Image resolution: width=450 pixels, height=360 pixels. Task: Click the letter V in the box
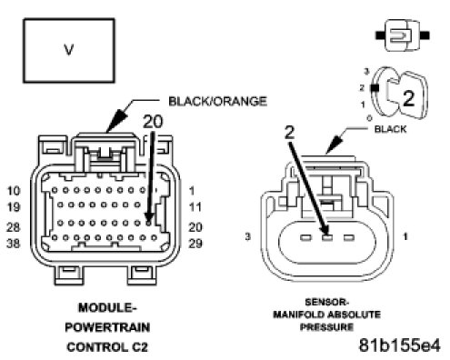pyautogui.click(x=69, y=50)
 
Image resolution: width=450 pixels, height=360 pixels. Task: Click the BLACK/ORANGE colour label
pyautogui.click(x=217, y=101)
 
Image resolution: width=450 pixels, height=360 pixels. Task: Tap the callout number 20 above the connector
pyautogui.click(x=153, y=122)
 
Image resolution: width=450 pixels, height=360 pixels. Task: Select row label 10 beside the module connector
pyautogui.click(x=14, y=191)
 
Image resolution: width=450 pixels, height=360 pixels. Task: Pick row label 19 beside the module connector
pyautogui.click(x=14, y=207)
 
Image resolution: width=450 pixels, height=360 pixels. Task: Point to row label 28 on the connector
pyautogui.click(x=14, y=227)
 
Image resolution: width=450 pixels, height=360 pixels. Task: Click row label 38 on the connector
pyautogui.click(x=14, y=244)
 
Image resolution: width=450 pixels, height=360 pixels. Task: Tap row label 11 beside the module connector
pyautogui.click(x=195, y=207)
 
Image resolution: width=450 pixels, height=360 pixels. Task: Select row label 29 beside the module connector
pyautogui.click(x=195, y=244)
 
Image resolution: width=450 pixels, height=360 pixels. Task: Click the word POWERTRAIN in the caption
pyautogui.click(x=107, y=327)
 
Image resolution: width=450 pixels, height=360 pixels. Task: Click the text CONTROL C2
pyautogui.click(x=107, y=347)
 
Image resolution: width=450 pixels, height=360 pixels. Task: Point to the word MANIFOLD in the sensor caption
pyautogui.click(x=300, y=315)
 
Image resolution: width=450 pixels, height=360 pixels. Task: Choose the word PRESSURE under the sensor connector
pyautogui.click(x=327, y=327)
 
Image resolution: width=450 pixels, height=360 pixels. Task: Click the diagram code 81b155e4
pyautogui.click(x=400, y=345)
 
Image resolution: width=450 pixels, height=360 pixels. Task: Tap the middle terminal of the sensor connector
pyautogui.click(x=327, y=237)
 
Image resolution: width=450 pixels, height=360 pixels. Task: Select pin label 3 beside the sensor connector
pyautogui.click(x=248, y=236)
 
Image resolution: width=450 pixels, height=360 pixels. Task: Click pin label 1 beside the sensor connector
pyautogui.click(x=405, y=236)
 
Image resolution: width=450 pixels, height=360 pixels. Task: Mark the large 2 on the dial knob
pyautogui.click(x=409, y=99)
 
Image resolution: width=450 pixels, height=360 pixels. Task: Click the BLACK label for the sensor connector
pyautogui.click(x=390, y=129)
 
